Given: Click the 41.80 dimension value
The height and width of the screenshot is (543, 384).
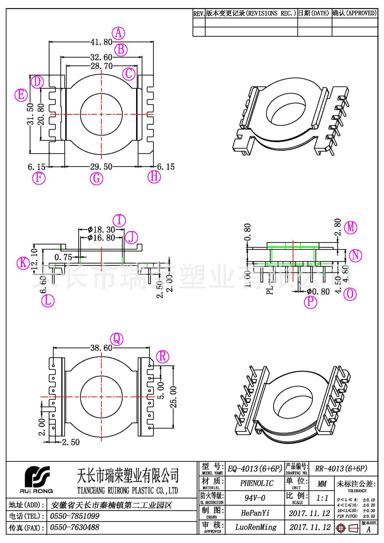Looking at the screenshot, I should pyautogui.click(x=101, y=42).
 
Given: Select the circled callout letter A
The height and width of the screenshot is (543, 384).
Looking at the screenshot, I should pyautogui.click(x=118, y=33).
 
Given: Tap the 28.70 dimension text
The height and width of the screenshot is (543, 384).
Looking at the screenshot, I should pyautogui.click(x=102, y=66).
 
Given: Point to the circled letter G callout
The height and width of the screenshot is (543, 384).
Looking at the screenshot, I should pyautogui.click(x=96, y=178).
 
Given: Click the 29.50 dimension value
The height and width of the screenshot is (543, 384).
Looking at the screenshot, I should pyautogui.click(x=101, y=167).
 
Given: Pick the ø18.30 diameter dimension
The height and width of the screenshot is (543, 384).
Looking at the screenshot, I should pyautogui.click(x=101, y=230).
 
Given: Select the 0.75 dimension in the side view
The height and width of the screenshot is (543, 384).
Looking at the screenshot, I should pyautogui.click(x=63, y=257).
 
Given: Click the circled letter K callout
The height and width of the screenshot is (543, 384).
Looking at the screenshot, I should pyautogui.click(x=23, y=263).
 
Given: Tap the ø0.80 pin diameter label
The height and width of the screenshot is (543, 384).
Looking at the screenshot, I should pyautogui.click(x=318, y=292).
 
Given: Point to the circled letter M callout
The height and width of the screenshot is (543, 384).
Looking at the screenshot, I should pyautogui.click(x=351, y=227).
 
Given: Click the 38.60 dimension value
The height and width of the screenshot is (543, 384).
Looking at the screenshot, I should pyautogui.click(x=101, y=348).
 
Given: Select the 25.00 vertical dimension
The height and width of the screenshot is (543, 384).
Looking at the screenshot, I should pyautogui.click(x=173, y=397).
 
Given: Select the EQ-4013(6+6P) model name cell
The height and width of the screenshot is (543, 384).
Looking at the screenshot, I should pyautogui.click(x=255, y=469).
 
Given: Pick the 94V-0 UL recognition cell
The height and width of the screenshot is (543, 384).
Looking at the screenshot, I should pyautogui.click(x=255, y=498).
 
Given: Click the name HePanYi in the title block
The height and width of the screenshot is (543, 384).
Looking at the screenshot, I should pyautogui.click(x=255, y=513).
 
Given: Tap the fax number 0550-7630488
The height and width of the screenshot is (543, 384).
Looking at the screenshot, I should pyautogui.click(x=74, y=527).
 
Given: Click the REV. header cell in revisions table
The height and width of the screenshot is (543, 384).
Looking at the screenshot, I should pyautogui.click(x=199, y=14).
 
